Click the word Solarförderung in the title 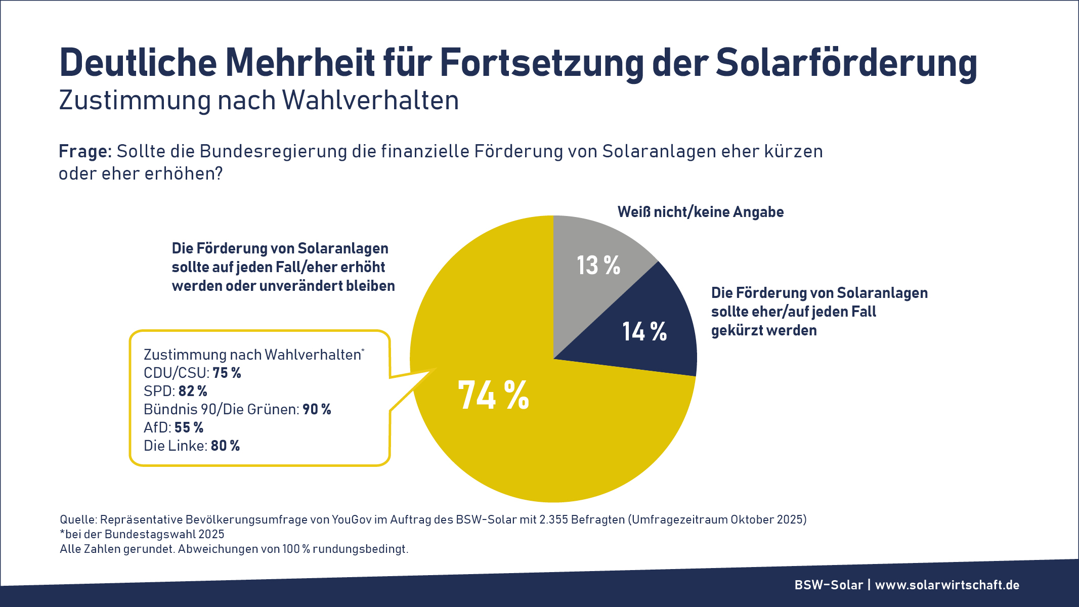click(846, 63)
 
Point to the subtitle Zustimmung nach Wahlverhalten click(258, 100)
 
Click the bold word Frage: click(84, 151)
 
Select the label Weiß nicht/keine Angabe click(700, 212)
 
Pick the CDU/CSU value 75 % click(227, 373)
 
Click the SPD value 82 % click(193, 391)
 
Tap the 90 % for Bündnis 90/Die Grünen click(317, 409)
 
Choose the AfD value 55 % click(189, 427)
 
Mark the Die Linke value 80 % click(225, 446)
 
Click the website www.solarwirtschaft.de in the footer click(947, 585)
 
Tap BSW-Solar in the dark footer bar click(829, 585)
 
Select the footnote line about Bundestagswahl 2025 click(142, 534)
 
